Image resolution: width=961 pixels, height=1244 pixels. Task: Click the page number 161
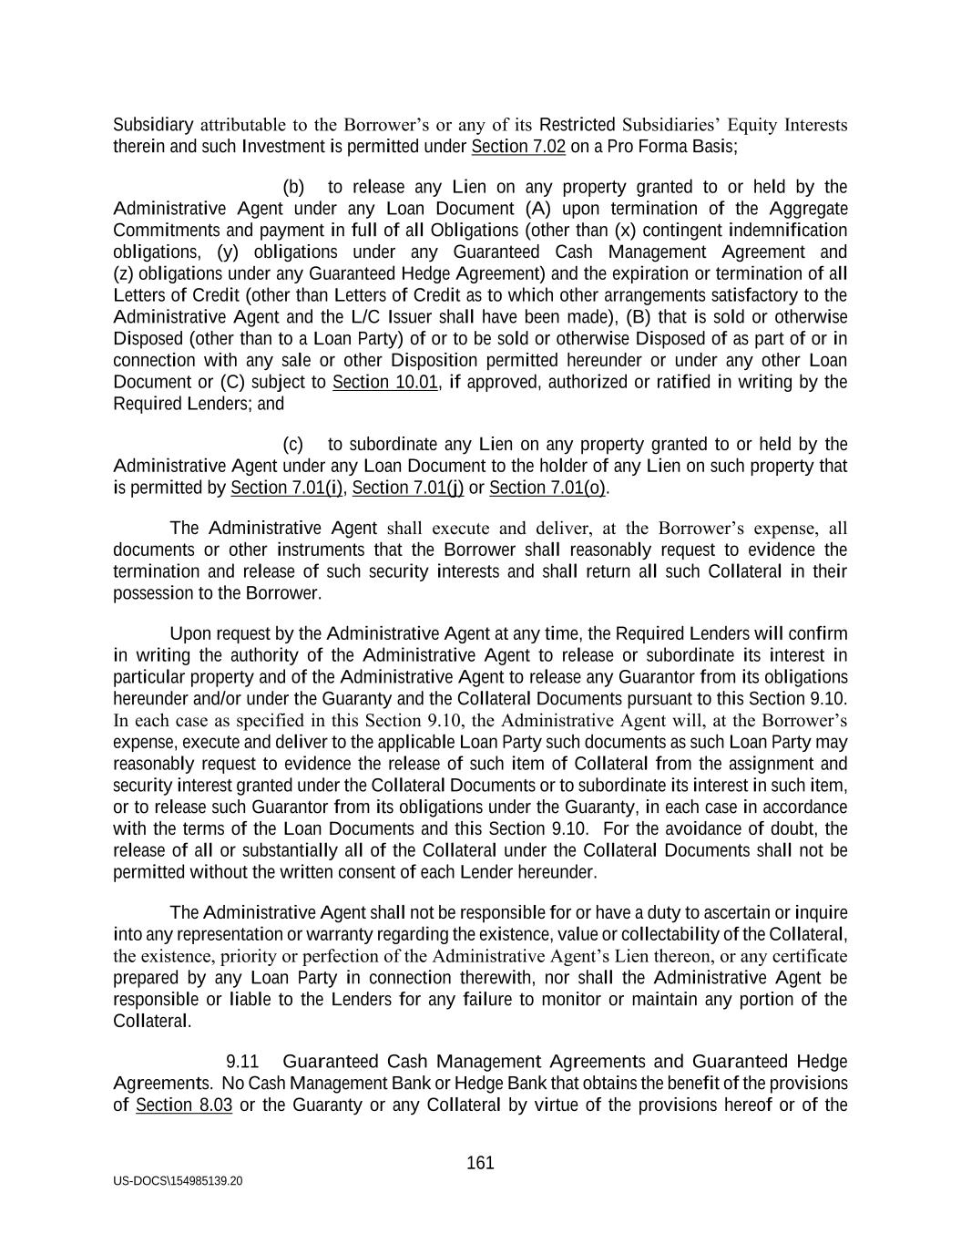(480, 1163)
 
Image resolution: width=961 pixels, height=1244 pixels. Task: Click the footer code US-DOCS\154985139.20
(178, 1181)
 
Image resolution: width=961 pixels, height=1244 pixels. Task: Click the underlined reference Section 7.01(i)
(287, 488)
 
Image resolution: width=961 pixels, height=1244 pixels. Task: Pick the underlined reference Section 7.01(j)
(408, 488)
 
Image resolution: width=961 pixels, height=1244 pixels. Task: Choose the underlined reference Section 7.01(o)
(547, 488)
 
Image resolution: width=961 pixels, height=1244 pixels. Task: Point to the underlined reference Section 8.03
(184, 1105)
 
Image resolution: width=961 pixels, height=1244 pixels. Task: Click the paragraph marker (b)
(293, 188)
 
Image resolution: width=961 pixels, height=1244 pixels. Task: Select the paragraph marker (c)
(293, 445)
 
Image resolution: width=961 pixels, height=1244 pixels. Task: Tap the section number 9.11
(242, 1062)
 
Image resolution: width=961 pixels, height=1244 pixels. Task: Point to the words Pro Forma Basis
(668, 147)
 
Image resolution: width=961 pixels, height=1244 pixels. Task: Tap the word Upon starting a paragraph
(189, 633)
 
